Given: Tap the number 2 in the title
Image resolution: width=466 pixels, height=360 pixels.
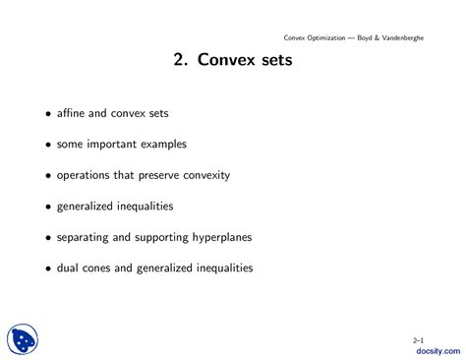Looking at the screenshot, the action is pos(179,61).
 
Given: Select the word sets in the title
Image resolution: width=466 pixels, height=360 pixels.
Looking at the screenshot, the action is pos(274,61).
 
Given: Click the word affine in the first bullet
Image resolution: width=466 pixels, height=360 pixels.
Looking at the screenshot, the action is pos(73,114).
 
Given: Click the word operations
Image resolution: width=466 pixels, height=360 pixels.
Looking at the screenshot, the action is pos(87,175).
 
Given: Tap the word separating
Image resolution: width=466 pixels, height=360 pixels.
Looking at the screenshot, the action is pos(86,237).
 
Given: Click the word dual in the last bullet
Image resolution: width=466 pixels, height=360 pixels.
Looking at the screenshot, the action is pos(69,268).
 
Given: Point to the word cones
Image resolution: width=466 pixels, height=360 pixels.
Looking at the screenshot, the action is pos(101,268).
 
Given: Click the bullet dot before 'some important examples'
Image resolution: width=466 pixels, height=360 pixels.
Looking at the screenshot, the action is pos(47,145).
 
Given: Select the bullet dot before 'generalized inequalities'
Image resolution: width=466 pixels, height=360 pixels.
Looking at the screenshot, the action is pos(47,207).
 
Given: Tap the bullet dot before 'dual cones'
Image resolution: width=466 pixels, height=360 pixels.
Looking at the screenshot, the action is pos(47,268).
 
